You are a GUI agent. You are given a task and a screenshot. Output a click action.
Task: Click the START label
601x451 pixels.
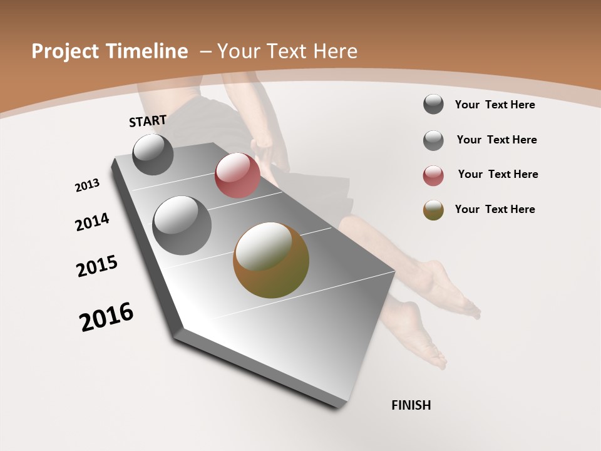pyautogui.click(x=148, y=121)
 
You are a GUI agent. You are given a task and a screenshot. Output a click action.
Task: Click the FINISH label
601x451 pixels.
pyautogui.click(x=411, y=405)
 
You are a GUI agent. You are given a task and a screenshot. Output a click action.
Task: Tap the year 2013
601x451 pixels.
pyautogui.click(x=87, y=185)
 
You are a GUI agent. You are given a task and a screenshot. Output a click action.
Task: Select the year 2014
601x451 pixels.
pyautogui.click(x=92, y=222)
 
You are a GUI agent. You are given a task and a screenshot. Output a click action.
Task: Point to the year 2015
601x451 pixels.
pyautogui.click(x=97, y=266)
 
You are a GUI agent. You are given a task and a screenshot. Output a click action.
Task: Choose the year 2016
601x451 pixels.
pyautogui.click(x=106, y=316)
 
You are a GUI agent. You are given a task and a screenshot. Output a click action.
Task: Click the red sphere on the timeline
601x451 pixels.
pyautogui.click(x=237, y=175)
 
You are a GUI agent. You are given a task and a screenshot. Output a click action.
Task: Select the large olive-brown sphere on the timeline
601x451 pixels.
pyautogui.click(x=271, y=260)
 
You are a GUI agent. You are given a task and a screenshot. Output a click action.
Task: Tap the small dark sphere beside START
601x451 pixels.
pyautogui.click(x=153, y=154)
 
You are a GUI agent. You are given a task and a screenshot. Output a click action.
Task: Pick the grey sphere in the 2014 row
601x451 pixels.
pyautogui.click(x=182, y=225)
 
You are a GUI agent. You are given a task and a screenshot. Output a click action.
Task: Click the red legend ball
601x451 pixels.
pyautogui.click(x=433, y=175)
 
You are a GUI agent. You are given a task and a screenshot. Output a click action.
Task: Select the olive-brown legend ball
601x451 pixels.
pyautogui.click(x=433, y=210)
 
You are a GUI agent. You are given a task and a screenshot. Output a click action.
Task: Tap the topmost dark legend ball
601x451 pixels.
pyautogui.click(x=433, y=104)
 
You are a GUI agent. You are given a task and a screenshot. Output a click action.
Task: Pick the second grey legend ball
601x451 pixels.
pyautogui.click(x=433, y=140)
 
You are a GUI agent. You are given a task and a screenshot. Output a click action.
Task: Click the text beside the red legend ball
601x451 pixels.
pyautogui.click(x=498, y=174)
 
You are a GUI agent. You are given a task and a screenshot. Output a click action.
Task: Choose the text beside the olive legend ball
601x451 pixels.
pyautogui.click(x=495, y=209)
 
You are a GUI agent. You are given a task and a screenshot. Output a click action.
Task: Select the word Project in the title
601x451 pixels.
pyautogui.click(x=66, y=51)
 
